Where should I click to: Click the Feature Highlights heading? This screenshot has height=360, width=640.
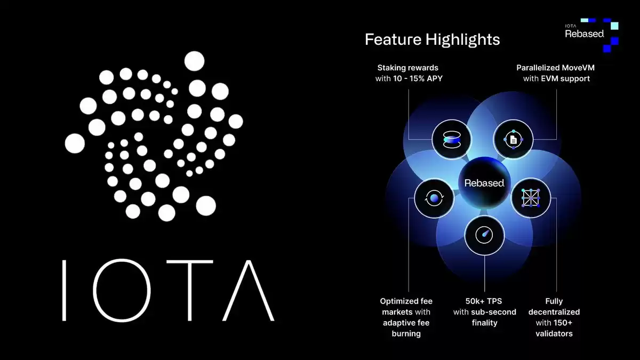(x=433, y=39)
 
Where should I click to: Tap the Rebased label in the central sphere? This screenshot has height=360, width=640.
(x=484, y=183)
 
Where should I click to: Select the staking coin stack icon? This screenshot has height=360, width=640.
(x=452, y=140)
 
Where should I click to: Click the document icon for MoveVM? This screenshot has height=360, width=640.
(x=514, y=139)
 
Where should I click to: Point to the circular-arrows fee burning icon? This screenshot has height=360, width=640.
(x=434, y=198)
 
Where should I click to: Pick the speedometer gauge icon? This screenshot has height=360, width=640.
(x=484, y=235)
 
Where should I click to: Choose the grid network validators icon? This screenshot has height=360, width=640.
(x=531, y=198)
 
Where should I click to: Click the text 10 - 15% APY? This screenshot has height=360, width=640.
(x=418, y=78)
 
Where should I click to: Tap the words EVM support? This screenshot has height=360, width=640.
(x=565, y=78)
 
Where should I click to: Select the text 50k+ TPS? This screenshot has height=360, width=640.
(x=484, y=301)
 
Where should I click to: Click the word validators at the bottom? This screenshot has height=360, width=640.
(x=554, y=334)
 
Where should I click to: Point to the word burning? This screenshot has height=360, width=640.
(x=406, y=334)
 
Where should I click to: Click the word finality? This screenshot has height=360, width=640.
(x=485, y=323)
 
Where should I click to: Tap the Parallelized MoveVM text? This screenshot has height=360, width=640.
(x=555, y=68)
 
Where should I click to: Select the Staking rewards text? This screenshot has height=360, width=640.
(x=407, y=68)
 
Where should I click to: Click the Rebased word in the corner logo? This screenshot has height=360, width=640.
(x=585, y=34)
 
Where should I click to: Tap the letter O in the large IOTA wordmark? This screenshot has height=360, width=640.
(x=122, y=290)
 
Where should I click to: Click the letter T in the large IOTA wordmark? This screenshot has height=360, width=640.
(x=190, y=290)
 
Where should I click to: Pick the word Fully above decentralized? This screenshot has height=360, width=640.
(x=554, y=301)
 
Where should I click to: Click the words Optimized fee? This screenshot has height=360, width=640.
(x=406, y=301)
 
